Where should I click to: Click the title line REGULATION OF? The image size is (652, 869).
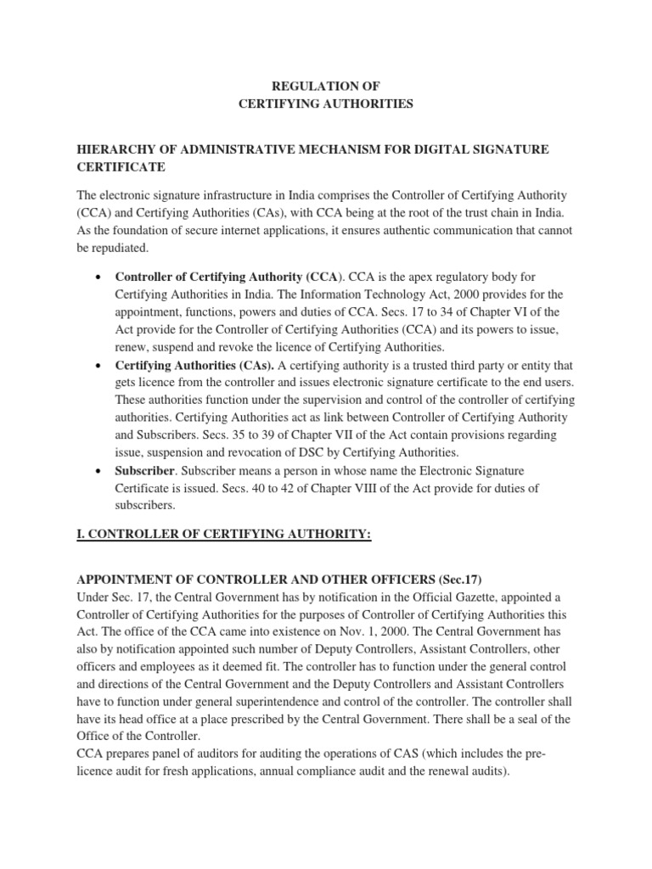(325, 86)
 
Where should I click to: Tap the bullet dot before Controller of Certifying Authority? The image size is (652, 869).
(101, 278)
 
